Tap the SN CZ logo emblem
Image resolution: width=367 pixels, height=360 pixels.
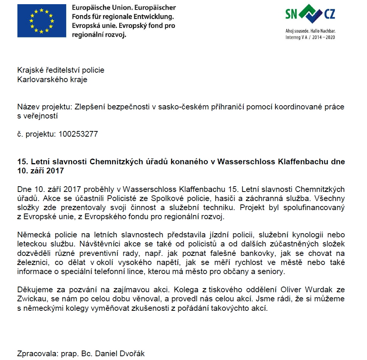pyautogui.click(x=310, y=14)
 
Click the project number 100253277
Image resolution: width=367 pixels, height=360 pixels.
pyautogui.click(x=78, y=134)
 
